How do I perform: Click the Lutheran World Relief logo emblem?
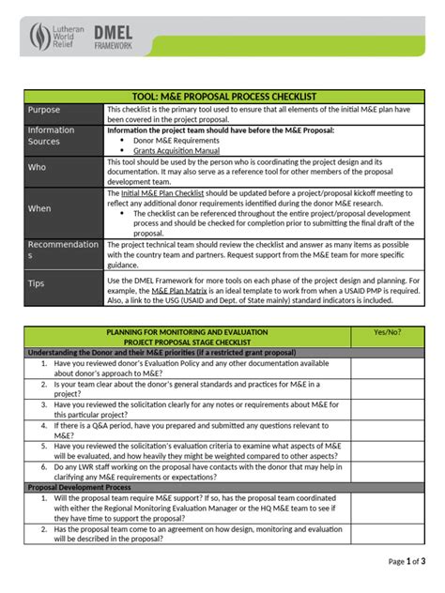pos(38,38)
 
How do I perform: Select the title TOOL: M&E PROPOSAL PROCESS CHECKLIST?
pos(224,97)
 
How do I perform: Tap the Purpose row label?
pos(44,110)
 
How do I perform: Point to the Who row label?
pos(38,168)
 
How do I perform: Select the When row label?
pos(40,208)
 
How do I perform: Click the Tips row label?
pos(37,282)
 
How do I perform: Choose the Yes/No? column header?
pos(387,332)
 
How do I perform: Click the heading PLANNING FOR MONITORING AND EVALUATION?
pos(187,332)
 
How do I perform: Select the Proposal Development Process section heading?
pos(79,488)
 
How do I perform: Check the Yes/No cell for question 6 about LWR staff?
pos(387,472)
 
